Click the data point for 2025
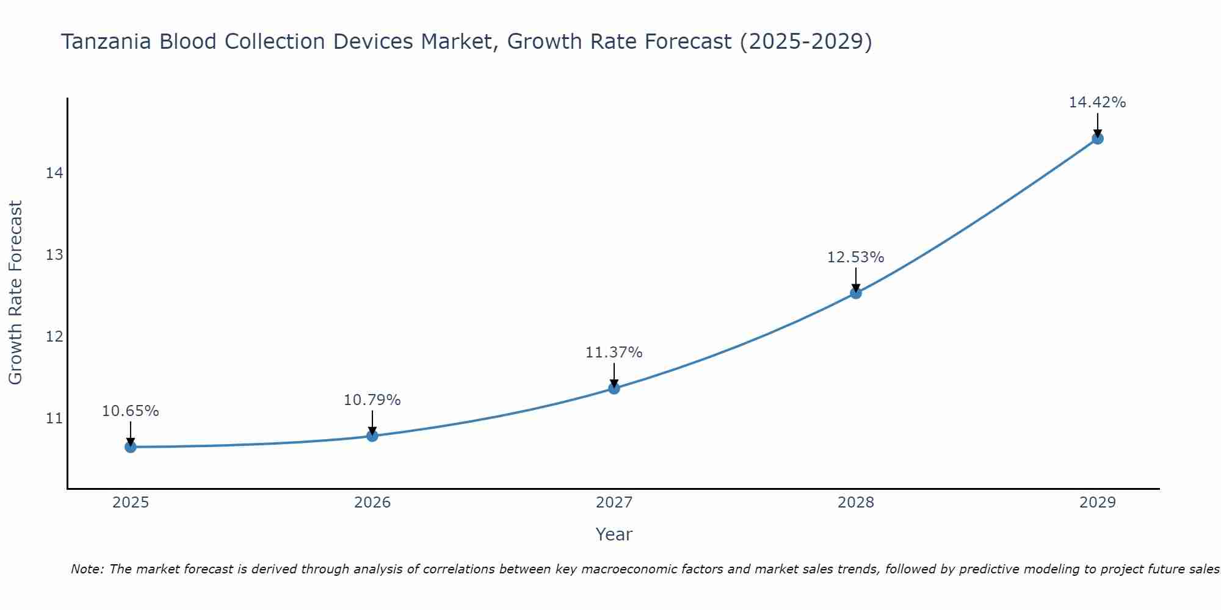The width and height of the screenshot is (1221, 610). (130, 447)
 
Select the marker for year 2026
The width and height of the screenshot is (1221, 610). (372, 436)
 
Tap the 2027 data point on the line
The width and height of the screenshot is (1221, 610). (614, 388)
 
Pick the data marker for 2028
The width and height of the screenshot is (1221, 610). (855, 293)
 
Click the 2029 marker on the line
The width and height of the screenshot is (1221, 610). (1097, 138)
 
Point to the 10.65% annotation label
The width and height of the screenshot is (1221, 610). (130, 411)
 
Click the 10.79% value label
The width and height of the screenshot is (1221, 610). (372, 400)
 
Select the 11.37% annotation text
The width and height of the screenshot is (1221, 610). (614, 353)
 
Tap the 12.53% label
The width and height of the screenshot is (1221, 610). (855, 257)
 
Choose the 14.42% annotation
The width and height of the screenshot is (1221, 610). (1097, 102)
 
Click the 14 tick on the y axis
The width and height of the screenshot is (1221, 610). (54, 173)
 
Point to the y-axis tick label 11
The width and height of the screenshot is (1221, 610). (54, 418)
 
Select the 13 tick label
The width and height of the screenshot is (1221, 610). (54, 255)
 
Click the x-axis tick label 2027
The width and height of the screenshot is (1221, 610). (614, 503)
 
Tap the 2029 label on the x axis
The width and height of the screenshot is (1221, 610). (1097, 503)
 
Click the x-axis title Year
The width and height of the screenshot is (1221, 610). (614, 534)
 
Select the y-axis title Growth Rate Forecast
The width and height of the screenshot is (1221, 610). (15, 293)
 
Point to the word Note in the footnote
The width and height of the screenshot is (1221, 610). (87, 569)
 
